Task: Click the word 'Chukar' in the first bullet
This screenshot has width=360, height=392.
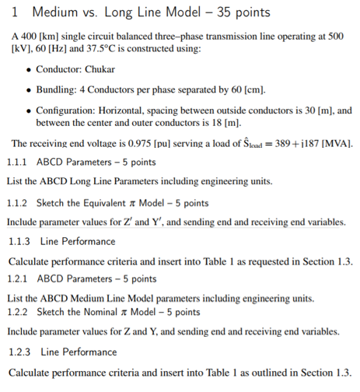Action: pos(98,69)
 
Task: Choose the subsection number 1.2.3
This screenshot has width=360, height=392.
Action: pos(22,352)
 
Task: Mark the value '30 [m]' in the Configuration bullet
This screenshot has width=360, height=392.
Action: pos(302,110)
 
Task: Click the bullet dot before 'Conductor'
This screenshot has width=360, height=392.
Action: pos(28,69)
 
